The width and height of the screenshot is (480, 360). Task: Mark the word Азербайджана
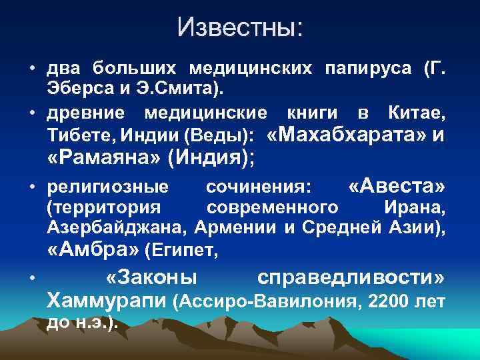click(117, 228)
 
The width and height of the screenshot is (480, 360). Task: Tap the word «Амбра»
click(94, 251)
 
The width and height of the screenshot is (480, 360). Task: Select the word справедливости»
click(351, 277)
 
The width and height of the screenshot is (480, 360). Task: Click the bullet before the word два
click(33, 69)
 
